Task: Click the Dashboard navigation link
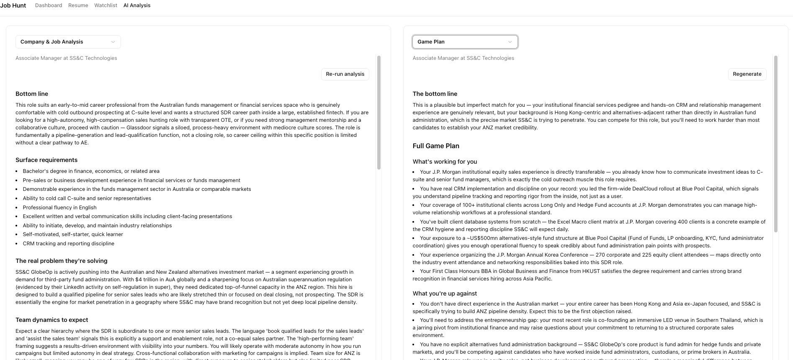click(x=49, y=5)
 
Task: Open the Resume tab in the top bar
click(x=78, y=5)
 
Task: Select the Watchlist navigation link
click(x=106, y=5)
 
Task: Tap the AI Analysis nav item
click(x=137, y=5)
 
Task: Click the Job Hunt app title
click(x=13, y=5)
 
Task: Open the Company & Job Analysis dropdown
click(x=68, y=42)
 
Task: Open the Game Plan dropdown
click(x=465, y=42)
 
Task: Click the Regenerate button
click(x=747, y=74)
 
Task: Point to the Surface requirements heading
click(x=46, y=160)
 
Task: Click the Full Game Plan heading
click(x=436, y=146)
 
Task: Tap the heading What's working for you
click(x=445, y=162)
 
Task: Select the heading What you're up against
click(x=445, y=293)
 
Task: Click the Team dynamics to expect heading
click(x=52, y=320)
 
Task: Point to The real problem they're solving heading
click(x=62, y=261)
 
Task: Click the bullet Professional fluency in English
click(x=59, y=208)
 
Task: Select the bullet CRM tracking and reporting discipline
click(x=68, y=244)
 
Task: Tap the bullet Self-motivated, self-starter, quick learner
click(x=73, y=234)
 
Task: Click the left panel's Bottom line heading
click(x=32, y=94)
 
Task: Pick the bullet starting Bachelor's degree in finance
click(x=91, y=171)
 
